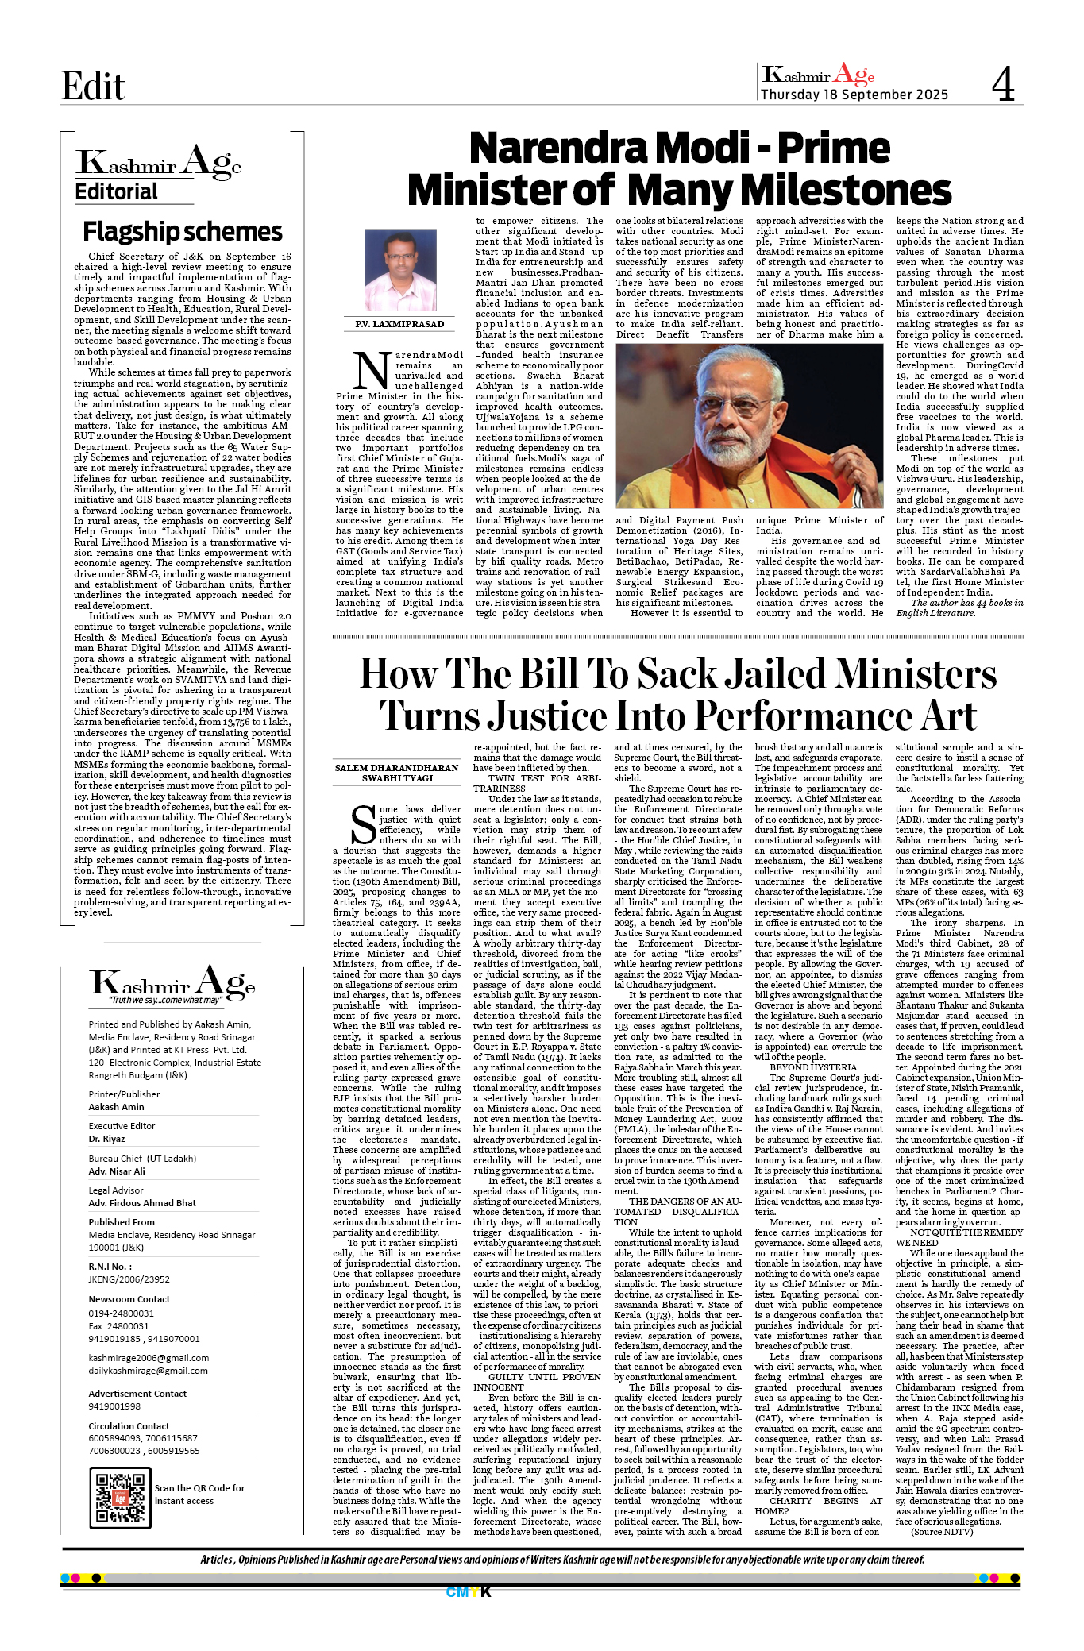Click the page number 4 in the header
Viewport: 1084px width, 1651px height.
tap(1003, 84)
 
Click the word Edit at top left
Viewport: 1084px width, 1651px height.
tap(93, 87)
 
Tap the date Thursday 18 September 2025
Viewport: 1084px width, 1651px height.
tap(854, 95)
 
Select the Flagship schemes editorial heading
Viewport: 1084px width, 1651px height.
tap(183, 232)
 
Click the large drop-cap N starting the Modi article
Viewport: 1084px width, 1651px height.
tap(371, 371)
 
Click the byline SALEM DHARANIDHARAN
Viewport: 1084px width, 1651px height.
tap(396, 768)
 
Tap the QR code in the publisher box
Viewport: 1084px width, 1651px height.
tap(119, 1498)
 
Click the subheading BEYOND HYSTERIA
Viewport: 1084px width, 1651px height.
tap(802, 1067)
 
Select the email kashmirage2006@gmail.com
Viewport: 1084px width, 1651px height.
tap(149, 1358)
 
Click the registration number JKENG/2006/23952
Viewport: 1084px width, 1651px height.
tap(129, 1279)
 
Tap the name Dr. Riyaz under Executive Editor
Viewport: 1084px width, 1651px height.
tap(106, 1139)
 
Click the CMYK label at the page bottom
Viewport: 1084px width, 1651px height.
tap(469, 1591)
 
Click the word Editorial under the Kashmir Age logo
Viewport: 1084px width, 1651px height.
tap(117, 192)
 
